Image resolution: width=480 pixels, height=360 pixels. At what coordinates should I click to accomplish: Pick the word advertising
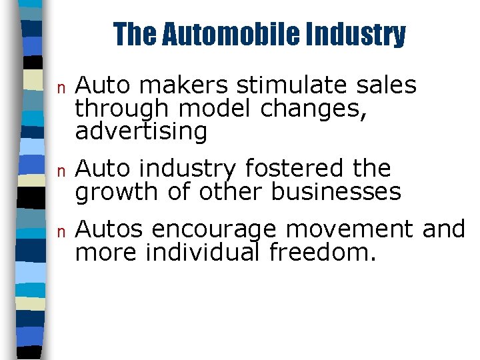(x=141, y=132)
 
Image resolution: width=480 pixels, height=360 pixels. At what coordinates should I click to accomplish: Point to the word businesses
(x=336, y=191)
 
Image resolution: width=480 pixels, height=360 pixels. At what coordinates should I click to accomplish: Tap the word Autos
(x=109, y=229)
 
